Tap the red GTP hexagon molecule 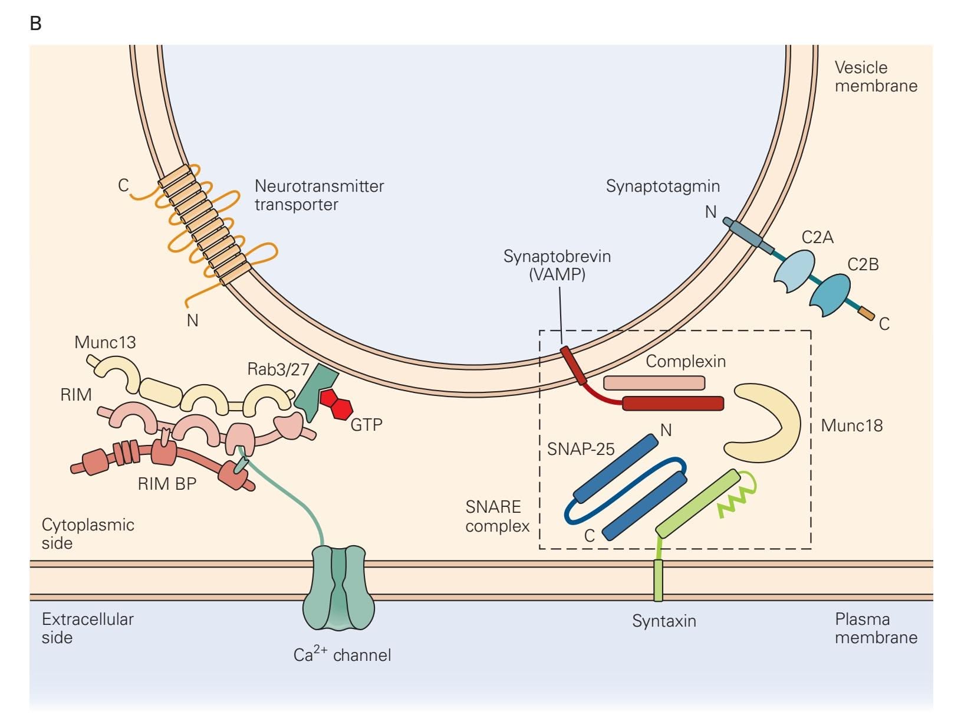click(x=337, y=403)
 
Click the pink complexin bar click(x=654, y=383)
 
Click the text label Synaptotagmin click(x=663, y=186)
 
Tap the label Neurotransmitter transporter click(x=318, y=195)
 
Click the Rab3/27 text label click(x=278, y=369)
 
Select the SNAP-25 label click(x=581, y=449)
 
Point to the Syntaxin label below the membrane click(x=664, y=621)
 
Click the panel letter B click(x=35, y=24)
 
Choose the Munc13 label click(x=105, y=342)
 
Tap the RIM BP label click(x=167, y=484)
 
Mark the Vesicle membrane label click(x=876, y=77)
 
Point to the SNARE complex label click(x=497, y=516)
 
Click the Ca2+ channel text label click(x=342, y=654)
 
